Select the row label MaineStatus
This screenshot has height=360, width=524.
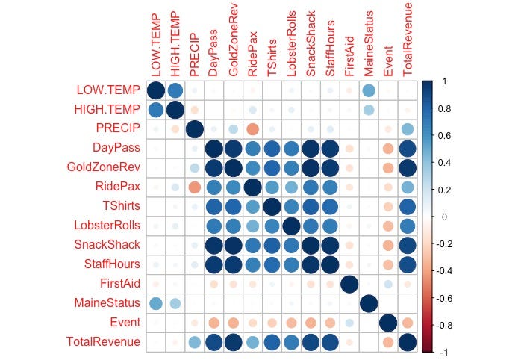(x=107, y=303)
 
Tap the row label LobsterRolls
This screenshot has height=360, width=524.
(x=107, y=226)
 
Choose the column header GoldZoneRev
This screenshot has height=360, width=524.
(x=233, y=45)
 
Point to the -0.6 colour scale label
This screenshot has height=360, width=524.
(x=444, y=297)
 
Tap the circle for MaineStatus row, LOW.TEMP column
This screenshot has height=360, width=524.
(x=155, y=303)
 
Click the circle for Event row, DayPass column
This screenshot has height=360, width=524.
(x=213, y=323)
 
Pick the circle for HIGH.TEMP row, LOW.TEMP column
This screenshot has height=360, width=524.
(x=155, y=110)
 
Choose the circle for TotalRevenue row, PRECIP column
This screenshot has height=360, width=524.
(x=194, y=342)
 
